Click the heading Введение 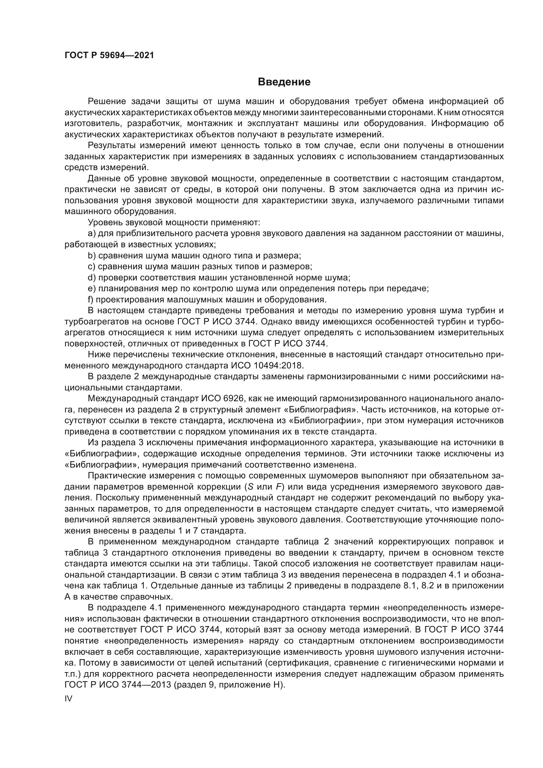coord(284,82)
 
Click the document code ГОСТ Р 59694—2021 coord(109,55)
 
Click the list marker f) coord(91,299)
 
